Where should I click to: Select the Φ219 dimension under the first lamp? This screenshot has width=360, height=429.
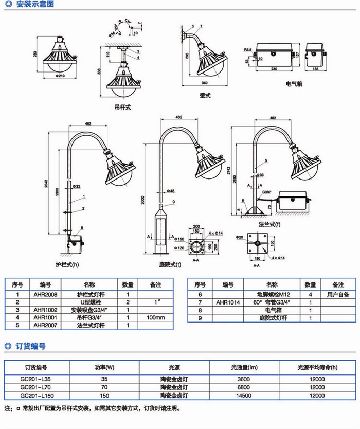pyautogui.click(x=64, y=77)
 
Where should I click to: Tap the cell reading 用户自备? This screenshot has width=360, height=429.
pyautogui.click(x=338, y=295)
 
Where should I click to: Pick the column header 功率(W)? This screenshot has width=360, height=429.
pyautogui.click(x=104, y=368)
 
